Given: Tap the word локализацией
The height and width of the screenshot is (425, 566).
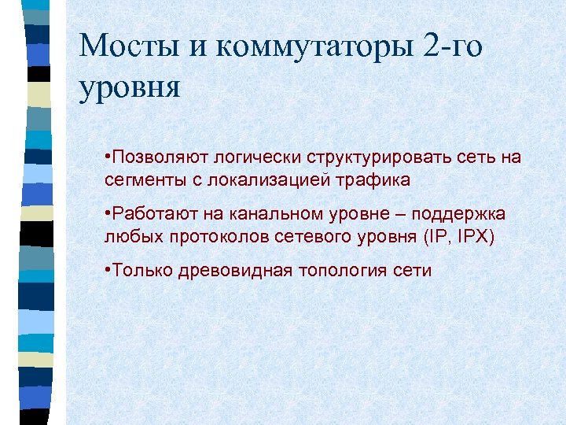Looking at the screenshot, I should coord(262,179).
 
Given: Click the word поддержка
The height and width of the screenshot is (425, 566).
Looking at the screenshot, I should coord(461,215).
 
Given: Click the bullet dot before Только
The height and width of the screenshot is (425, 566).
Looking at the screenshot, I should coord(108,272).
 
